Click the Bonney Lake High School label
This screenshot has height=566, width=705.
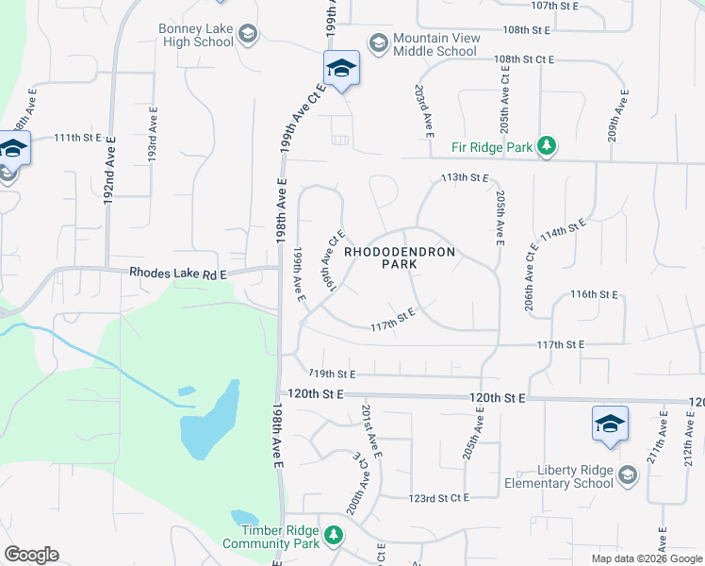(x=196, y=36)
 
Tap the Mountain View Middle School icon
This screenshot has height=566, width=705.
(x=378, y=42)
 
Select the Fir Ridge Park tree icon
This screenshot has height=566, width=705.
(x=546, y=146)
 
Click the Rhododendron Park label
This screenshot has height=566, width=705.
(x=400, y=258)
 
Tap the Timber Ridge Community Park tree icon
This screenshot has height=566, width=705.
(x=332, y=536)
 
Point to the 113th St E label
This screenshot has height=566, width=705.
(x=466, y=177)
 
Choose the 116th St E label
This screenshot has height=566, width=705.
(x=594, y=294)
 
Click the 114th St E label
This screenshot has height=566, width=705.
(x=564, y=232)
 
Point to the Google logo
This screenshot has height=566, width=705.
(x=31, y=555)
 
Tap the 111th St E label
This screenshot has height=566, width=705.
(x=77, y=138)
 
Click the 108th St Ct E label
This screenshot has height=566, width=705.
(x=526, y=59)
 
